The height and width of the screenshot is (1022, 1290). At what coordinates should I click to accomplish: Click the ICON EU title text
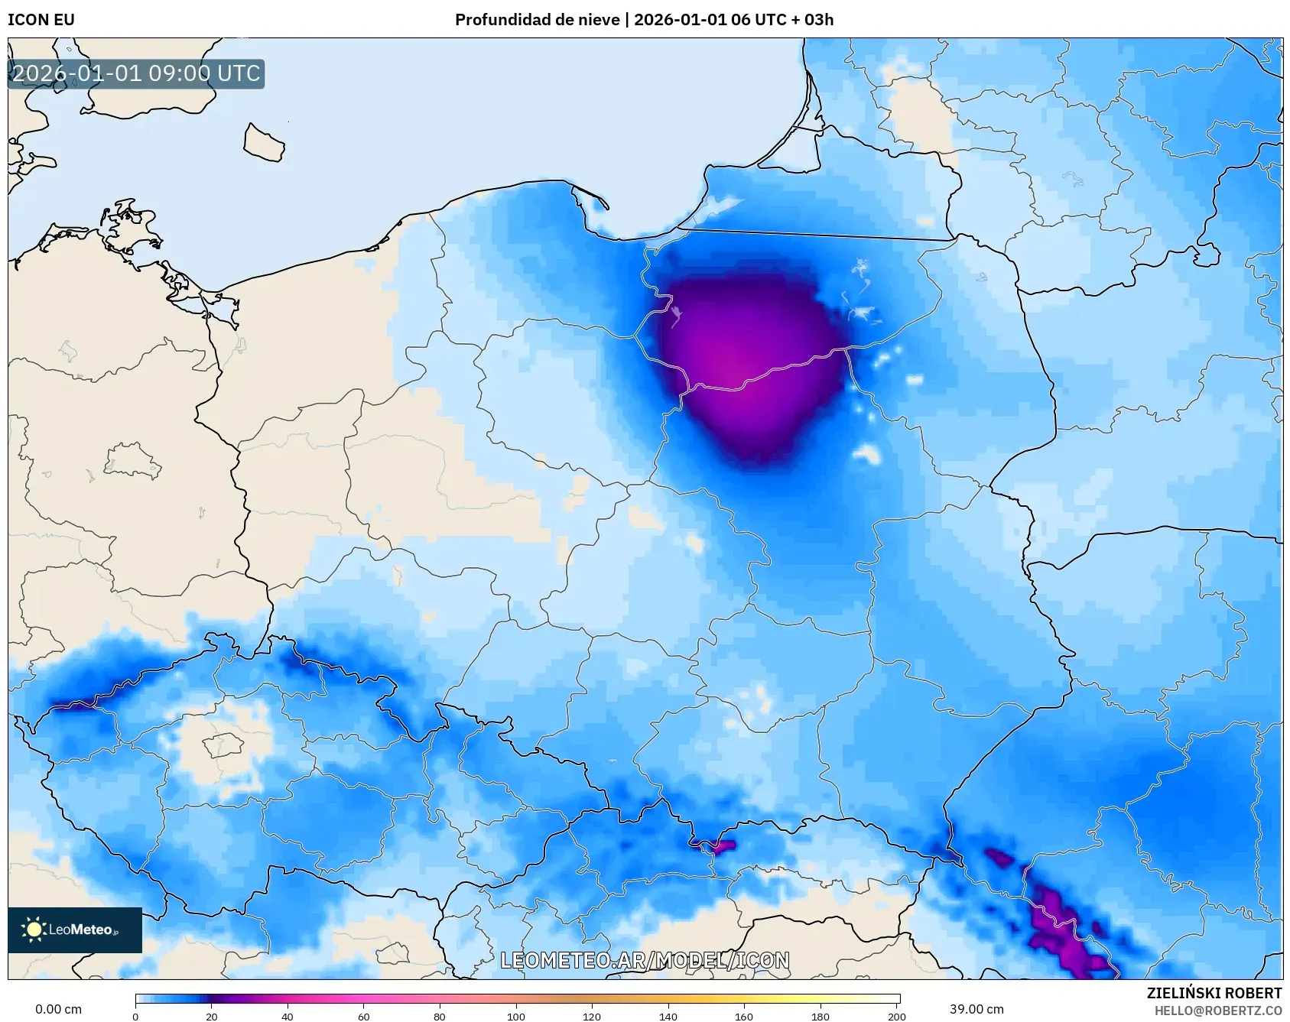coord(41,20)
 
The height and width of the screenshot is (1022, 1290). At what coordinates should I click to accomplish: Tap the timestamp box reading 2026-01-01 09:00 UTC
coord(136,74)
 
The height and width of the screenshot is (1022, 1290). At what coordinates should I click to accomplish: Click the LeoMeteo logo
coord(74,930)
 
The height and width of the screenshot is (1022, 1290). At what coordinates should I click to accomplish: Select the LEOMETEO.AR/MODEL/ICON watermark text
coord(645,961)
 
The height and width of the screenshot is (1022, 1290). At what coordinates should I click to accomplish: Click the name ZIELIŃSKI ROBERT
coord(1214,993)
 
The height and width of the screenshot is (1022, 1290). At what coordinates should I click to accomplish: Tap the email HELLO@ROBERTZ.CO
coord(1217,1011)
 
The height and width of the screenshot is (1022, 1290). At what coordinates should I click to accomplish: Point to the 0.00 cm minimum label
coord(58,1009)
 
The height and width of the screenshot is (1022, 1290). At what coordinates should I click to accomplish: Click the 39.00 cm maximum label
coord(976,1009)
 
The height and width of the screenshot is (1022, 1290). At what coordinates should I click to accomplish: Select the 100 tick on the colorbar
coord(516,1016)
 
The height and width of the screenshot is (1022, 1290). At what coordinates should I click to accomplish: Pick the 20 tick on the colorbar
coord(212,1016)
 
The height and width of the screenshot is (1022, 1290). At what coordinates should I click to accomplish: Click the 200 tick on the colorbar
coord(897,1016)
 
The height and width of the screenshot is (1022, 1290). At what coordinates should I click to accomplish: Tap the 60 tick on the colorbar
coord(364,1016)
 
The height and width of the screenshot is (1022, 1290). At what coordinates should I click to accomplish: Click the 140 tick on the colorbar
coord(668,1016)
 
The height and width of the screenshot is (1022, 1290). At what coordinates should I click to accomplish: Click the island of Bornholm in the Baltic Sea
coord(264,143)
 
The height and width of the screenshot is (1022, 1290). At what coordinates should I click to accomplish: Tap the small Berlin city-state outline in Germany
coord(132,462)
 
